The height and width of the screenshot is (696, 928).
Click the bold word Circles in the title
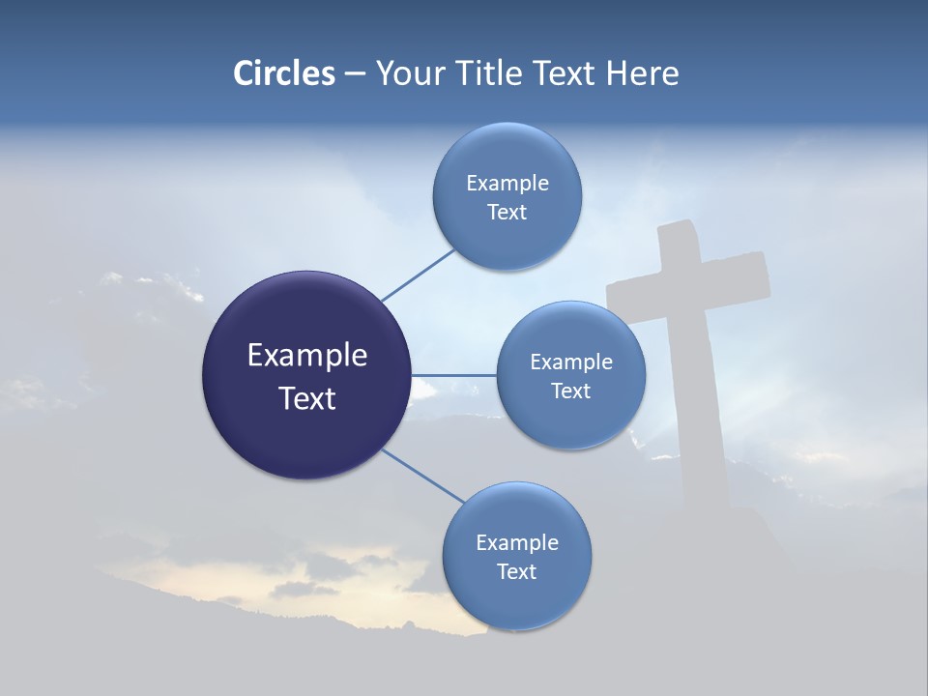tap(283, 73)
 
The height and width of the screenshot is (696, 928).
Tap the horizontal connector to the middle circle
tap(453, 375)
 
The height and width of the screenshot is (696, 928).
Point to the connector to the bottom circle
tap(422, 477)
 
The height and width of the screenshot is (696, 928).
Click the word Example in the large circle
tap(306, 356)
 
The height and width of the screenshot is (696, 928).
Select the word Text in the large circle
tap(306, 398)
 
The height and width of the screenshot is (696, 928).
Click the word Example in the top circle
tap(507, 183)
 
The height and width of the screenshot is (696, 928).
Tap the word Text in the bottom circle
tap(516, 571)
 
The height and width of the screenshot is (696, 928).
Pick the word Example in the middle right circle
tap(570, 362)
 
